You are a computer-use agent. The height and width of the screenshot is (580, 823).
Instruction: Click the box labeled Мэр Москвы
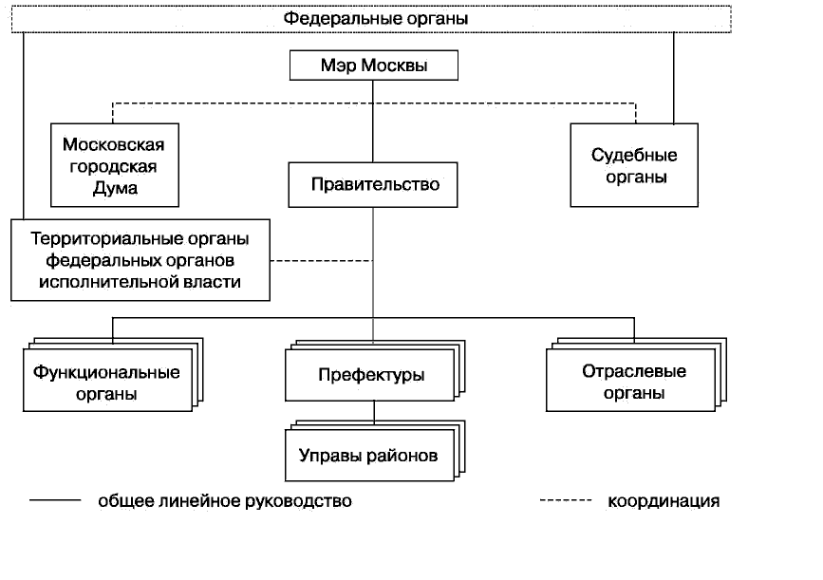coord(373,67)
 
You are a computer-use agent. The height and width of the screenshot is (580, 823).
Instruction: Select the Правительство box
coord(374,184)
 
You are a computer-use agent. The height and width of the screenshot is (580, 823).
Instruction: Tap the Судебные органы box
coord(634,164)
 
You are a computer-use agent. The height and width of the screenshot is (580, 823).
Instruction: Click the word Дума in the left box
coord(114,187)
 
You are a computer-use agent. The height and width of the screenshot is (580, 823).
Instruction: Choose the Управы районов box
coord(368,456)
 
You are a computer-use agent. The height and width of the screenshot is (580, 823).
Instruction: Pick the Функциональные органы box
coord(106,382)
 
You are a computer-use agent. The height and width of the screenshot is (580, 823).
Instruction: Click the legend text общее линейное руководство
coord(225,501)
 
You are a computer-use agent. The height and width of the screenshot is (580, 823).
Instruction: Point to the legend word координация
coord(664,501)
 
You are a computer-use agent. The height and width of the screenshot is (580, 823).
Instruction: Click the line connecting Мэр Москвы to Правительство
coord(373,123)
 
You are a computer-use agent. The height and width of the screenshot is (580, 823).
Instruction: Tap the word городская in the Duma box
coord(114,166)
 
